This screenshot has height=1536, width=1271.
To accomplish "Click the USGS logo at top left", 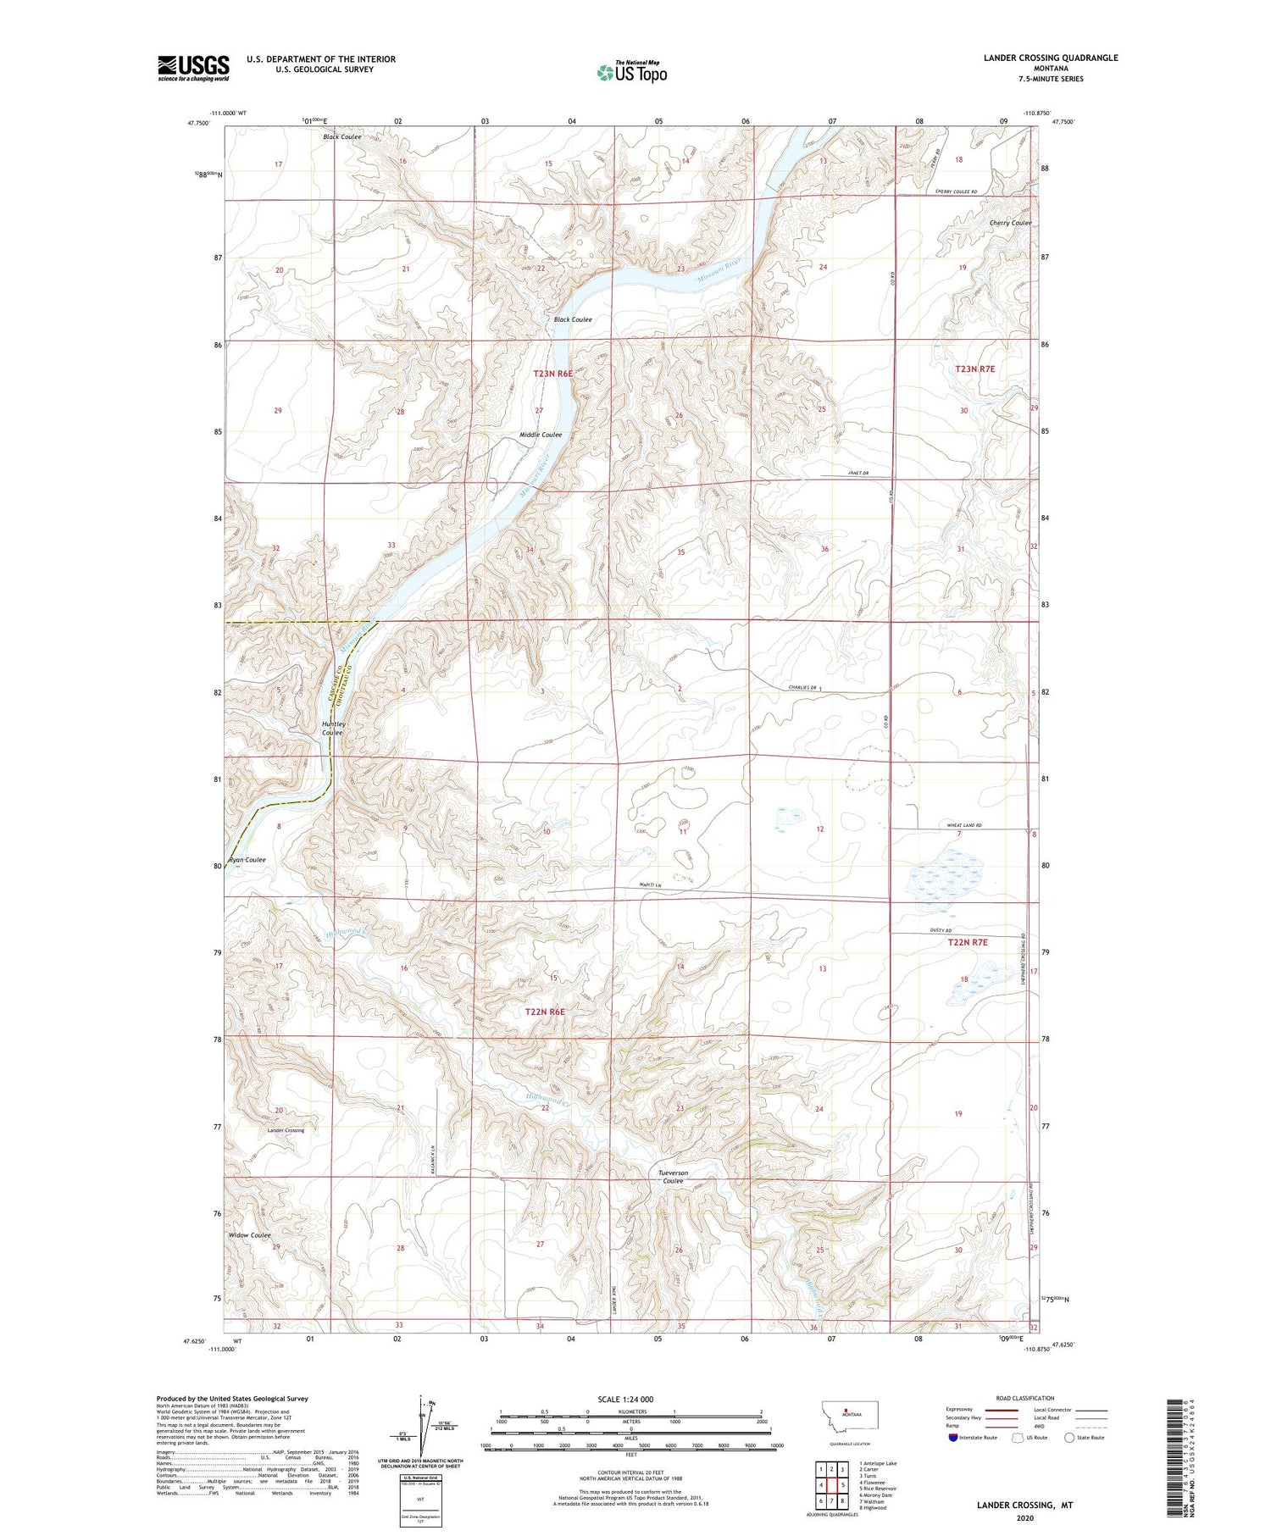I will (193, 68).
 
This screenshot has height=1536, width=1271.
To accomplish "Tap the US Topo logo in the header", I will (631, 73).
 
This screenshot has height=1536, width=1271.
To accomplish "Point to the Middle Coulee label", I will (541, 435).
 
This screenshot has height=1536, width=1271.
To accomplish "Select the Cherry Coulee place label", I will (1010, 223).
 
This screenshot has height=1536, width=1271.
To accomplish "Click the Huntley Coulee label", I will (333, 729).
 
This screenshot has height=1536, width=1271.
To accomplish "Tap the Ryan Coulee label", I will (247, 860).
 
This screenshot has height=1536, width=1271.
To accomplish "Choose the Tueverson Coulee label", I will (673, 1177).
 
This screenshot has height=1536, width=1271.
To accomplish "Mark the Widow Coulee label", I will (250, 1235).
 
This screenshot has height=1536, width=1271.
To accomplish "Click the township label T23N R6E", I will (553, 374).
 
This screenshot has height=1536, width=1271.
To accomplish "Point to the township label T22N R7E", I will (968, 942).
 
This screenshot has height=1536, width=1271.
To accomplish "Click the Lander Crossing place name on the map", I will (286, 1130).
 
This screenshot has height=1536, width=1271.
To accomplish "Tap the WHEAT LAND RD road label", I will (960, 825).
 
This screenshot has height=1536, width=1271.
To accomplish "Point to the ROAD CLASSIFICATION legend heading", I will (1024, 1398).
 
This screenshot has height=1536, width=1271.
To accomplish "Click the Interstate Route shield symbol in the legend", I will (952, 1438).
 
